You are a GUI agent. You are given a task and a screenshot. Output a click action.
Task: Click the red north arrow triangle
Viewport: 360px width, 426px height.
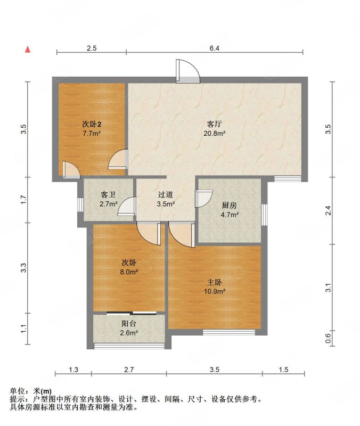28,50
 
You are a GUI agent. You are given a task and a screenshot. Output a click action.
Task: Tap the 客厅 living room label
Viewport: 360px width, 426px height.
215,124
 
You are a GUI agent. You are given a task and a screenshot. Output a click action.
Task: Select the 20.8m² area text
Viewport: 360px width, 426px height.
215,133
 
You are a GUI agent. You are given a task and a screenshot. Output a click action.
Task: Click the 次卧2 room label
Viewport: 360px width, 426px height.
92,125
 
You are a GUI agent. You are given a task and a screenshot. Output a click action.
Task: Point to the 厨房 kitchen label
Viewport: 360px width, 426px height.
230,206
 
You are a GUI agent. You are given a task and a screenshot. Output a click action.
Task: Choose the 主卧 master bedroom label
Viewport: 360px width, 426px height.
215,282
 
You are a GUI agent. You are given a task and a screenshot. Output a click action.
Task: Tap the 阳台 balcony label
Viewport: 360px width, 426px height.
129,324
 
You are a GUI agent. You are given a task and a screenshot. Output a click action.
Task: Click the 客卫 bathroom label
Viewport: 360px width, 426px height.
108,194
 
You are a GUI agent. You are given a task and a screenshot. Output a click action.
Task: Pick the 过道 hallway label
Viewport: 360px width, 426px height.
166,194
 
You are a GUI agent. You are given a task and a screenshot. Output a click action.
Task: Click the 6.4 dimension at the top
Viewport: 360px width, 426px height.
215,48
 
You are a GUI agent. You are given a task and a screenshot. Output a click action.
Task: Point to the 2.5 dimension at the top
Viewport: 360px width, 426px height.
92,48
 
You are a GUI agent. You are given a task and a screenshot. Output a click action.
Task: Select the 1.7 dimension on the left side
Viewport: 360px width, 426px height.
23,200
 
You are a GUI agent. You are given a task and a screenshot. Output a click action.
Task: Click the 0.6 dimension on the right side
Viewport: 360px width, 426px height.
328,338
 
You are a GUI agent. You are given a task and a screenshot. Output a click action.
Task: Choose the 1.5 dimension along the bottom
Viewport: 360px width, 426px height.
283,370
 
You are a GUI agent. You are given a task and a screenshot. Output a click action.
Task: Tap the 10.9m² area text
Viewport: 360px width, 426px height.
215,291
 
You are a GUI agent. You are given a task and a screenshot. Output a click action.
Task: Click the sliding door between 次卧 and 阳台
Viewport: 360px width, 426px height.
132,313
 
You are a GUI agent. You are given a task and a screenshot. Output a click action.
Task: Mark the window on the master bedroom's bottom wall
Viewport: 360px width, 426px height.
229,332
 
